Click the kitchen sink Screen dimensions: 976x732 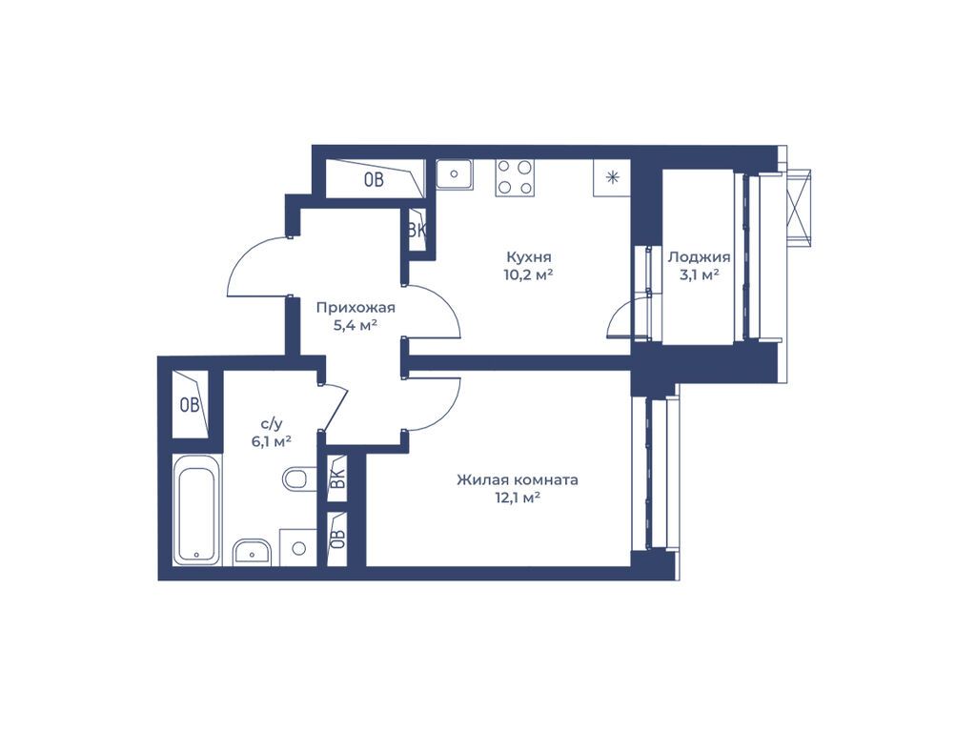tap(454, 173)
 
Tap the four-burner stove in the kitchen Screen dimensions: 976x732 tap(515, 178)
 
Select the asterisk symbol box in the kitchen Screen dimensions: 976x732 tap(613, 178)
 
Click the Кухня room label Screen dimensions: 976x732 tap(528, 256)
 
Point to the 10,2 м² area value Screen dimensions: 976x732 tap(528, 274)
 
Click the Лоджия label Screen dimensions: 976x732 tap(699, 257)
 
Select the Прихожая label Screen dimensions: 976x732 tap(356, 308)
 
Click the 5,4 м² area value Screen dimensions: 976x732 tap(356, 325)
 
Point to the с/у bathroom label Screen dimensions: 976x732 tap(272, 424)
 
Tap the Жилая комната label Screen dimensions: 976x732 tap(518, 480)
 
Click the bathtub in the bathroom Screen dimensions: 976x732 tap(196, 510)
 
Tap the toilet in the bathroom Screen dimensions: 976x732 tap(296, 480)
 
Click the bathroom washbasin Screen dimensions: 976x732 tap(252, 552)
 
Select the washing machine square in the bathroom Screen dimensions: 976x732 tap(298, 548)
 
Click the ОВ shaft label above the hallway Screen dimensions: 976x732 tap(374, 180)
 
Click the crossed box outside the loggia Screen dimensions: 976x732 tap(799, 209)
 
